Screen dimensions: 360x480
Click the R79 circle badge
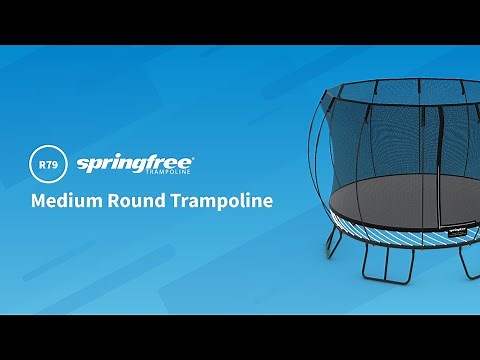click(48, 161)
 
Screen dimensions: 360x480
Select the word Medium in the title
click(65, 200)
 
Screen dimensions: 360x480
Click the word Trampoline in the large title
click(221, 200)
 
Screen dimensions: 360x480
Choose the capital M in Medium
click(39, 200)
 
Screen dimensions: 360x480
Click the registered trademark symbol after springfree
click(192, 156)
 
